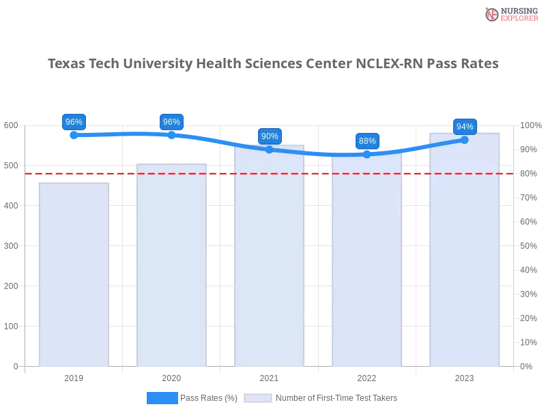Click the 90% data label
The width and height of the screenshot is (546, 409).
tap(270, 136)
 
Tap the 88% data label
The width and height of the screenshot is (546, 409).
tap(367, 141)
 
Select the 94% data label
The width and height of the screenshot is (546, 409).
tap(465, 126)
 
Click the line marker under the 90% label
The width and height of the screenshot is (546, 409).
tap(270, 149)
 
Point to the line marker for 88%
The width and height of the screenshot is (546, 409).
tap(367, 155)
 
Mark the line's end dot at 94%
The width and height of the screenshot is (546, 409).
tap(465, 140)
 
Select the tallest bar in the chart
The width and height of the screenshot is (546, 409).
tap(464, 252)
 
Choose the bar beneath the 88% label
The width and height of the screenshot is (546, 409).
tap(367, 262)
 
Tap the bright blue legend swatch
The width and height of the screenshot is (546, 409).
tap(162, 397)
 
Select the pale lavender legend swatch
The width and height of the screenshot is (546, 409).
tap(258, 397)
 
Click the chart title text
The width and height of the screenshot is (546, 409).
tap(273, 63)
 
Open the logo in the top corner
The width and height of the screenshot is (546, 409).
tap(510, 14)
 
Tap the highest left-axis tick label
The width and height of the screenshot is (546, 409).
tap(12, 125)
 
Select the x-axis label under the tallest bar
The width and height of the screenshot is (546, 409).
tap(464, 376)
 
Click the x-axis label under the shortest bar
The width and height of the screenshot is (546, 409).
tap(74, 376)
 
